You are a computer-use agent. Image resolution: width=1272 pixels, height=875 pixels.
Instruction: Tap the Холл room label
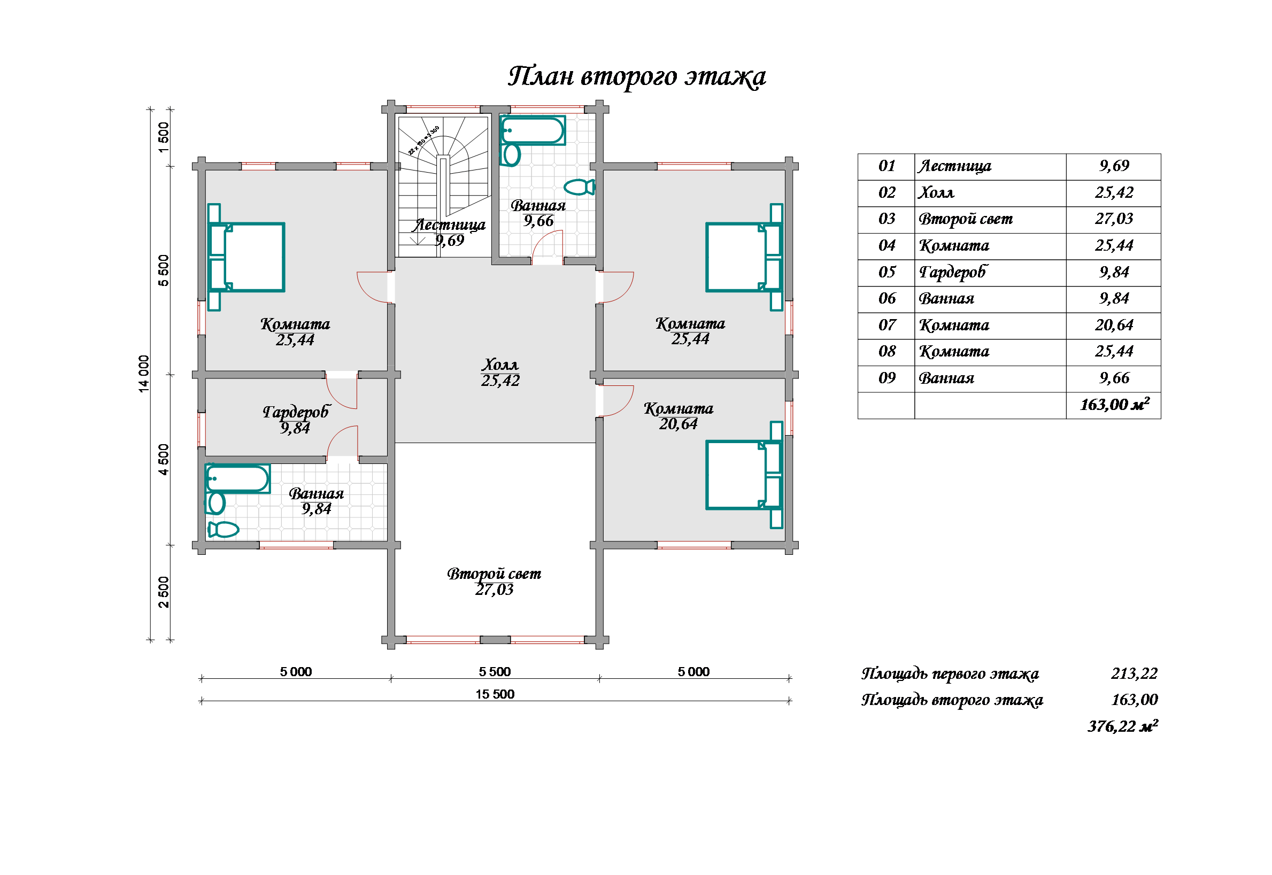(x=500, y=365)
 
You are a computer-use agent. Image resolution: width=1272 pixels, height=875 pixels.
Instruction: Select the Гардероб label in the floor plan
(x=296, y=412)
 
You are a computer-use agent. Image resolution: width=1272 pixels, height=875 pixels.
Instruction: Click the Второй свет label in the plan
(x=494, y=574)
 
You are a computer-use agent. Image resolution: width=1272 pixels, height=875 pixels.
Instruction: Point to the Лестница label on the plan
(x=449, y=225)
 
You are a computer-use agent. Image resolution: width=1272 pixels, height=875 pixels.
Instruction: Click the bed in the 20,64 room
(x=744, y=475)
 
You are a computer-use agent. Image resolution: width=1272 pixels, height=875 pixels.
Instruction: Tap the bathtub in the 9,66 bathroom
(x=533, y=130)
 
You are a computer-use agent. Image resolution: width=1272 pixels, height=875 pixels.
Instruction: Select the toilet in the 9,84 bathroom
(x=223, y=530)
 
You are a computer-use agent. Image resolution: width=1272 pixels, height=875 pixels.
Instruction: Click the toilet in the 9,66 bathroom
(x=579, y=187)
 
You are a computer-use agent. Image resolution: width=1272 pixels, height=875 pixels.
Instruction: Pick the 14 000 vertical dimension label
(x=144, y=374)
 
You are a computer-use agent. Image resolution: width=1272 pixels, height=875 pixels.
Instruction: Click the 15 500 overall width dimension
(x=495, y=694)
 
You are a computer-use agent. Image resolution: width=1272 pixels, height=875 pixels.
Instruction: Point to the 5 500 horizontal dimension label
(x=495, y=671)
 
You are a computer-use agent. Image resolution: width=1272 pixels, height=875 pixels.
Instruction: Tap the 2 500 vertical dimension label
(x=164, y=592)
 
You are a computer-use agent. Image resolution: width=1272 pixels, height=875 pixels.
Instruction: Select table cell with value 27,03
(x=1114, y=219)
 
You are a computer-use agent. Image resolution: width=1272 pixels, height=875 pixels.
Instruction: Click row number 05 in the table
(x=886, y=272)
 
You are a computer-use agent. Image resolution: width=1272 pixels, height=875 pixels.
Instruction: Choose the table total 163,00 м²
(x=1114, y=405)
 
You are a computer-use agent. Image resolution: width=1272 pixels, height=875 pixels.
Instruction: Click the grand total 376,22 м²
(x=1122, y=726)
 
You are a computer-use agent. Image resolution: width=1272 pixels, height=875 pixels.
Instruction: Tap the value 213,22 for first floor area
(x=1134, y=673)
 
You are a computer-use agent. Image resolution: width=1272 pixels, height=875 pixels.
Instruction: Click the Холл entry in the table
(x=936, y=192)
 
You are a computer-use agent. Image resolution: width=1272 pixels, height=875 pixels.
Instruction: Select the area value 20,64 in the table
(x=1114, y=325)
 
